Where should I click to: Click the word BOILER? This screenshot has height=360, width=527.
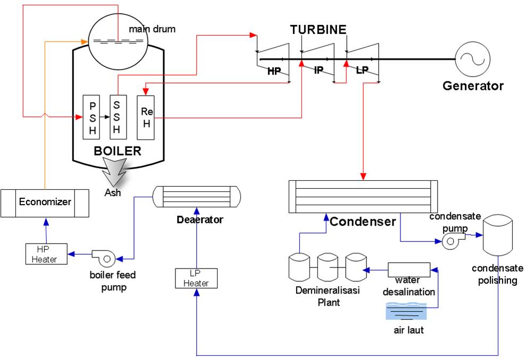118,151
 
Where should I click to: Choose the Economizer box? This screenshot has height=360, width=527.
45,203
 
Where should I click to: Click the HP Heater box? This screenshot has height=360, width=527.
47,254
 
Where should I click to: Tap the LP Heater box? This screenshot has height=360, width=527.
196,278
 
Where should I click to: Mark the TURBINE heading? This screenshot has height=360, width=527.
318,29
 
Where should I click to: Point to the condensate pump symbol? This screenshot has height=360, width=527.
452,241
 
